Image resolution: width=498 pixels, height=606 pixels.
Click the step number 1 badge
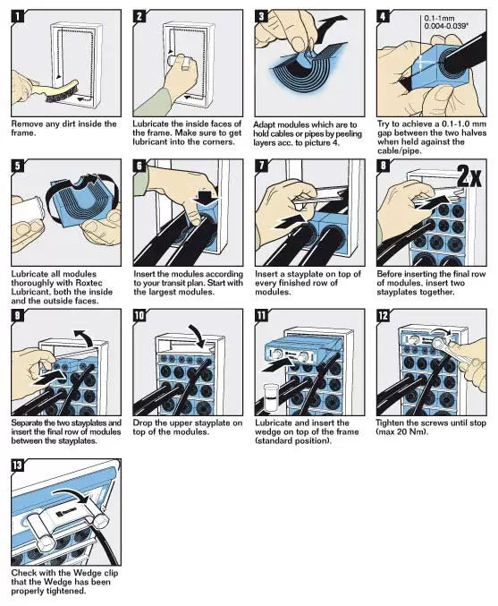(18, 16)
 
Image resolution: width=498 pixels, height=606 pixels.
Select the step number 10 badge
(140, 316)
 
